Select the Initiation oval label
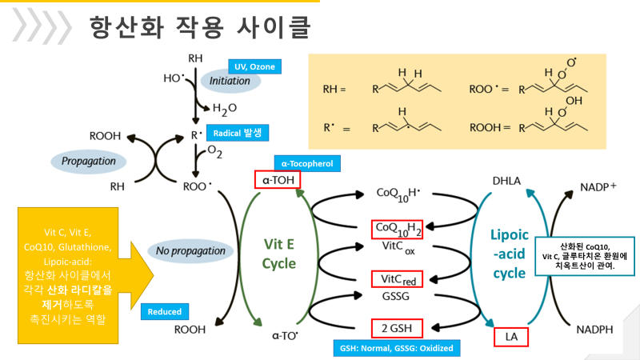[230, 81]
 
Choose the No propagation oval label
[191, 250]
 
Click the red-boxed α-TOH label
[277, 179]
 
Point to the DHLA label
[506, 181]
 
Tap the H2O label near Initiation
[225, 109]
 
